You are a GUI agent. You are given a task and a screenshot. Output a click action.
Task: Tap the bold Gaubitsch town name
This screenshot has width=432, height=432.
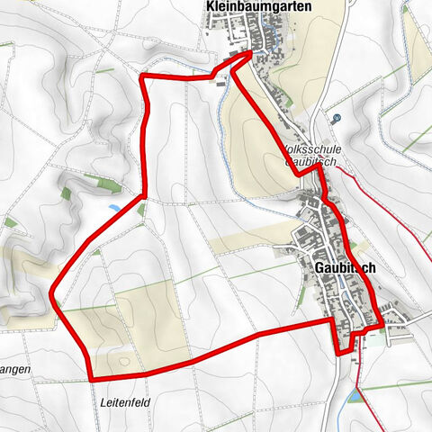345,267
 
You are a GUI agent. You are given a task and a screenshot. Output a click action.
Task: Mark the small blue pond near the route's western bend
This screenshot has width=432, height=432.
112,208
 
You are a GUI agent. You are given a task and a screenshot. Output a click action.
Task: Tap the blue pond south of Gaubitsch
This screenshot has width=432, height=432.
356,396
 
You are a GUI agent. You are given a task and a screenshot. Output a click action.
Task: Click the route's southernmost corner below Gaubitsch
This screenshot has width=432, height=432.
340,353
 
